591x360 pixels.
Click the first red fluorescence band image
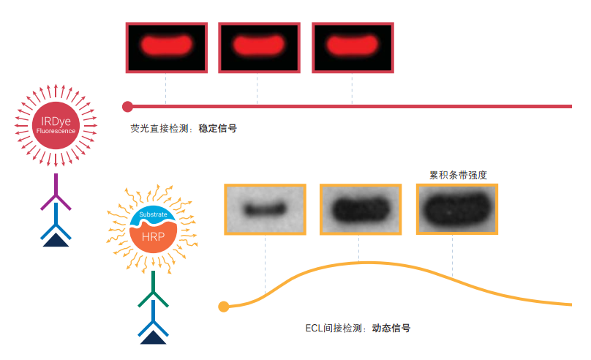point(166,47)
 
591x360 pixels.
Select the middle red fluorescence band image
point(259,47)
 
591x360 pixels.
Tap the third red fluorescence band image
point(353,47)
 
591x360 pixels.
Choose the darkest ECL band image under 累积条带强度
point(456,209)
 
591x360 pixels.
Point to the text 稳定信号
point(217,128)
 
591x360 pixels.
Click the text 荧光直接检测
point(160,128)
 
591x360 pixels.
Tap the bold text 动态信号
point(391,329)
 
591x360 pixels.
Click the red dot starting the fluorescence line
point(127,106)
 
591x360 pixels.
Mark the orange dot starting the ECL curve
point(224,307)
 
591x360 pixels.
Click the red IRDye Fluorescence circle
point(56,126)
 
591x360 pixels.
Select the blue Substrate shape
point(153,217)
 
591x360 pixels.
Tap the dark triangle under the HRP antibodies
point(154,337)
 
